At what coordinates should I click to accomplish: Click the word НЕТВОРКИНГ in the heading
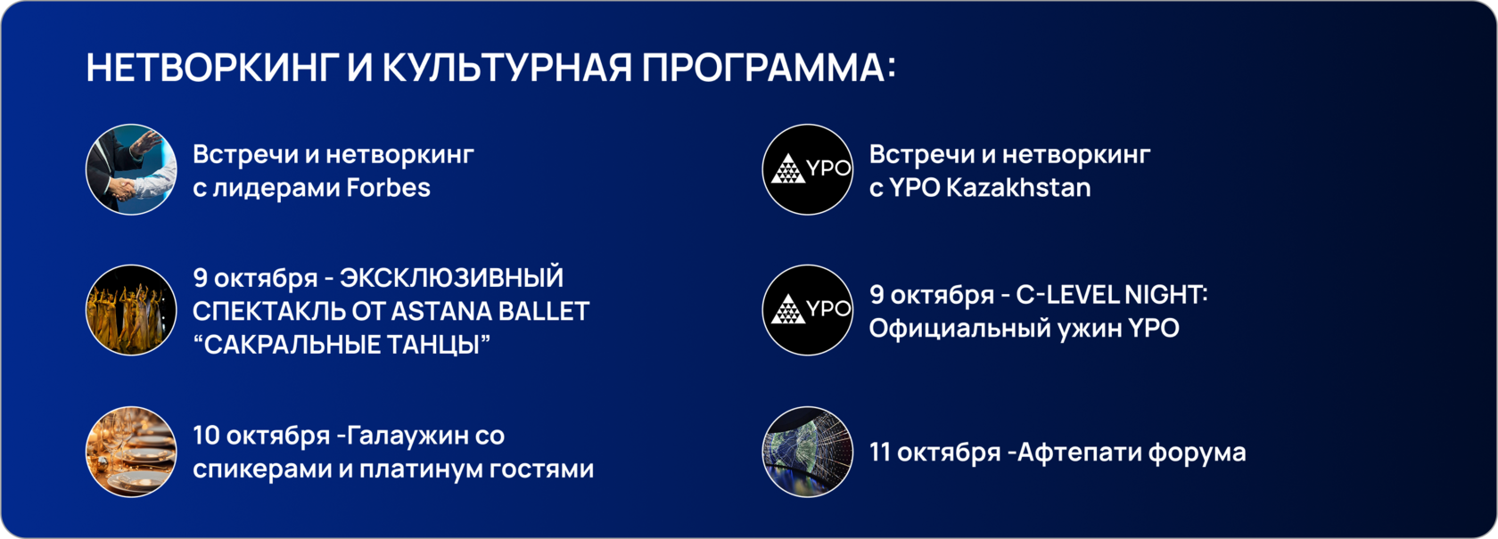(x=210, y=68)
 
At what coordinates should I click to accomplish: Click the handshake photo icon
(x=131, y=169)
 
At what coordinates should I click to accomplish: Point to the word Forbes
(x=388, y=188)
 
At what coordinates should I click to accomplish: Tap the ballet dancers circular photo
(x=131, y=311)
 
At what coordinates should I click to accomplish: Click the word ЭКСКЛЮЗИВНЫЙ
(x=451, y=278)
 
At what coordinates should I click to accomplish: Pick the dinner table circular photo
(x=131, y=453)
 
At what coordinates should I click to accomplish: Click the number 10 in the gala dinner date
(x=206, y=436)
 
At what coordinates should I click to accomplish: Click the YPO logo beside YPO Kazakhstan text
(x=808, y=169)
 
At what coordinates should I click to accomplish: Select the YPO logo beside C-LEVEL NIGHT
(x=808, y=311)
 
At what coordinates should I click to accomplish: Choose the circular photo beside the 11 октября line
(x=808, y=453)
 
